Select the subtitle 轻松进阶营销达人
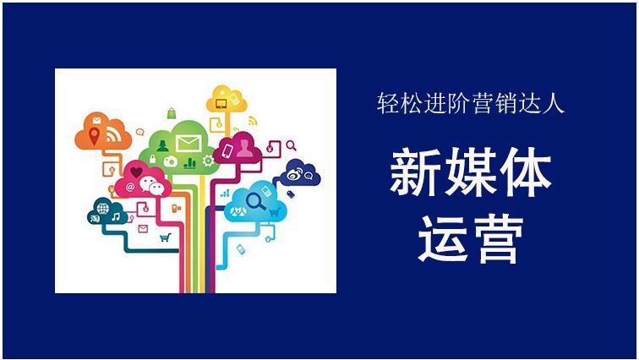click(x=470, y=105)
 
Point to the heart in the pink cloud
click(x=137, y=173)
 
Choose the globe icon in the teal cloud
click(x=103, y=208)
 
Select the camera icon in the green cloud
click(x=170, y=161)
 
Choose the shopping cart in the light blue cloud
click(x=273, y=212)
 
